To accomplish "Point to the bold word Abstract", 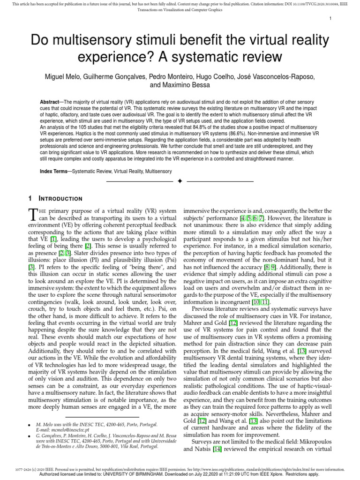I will pos(52,102).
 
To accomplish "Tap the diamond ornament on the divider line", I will pos(180,181).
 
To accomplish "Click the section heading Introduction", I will pos(60,199).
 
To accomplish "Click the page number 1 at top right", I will pos(330,18).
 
